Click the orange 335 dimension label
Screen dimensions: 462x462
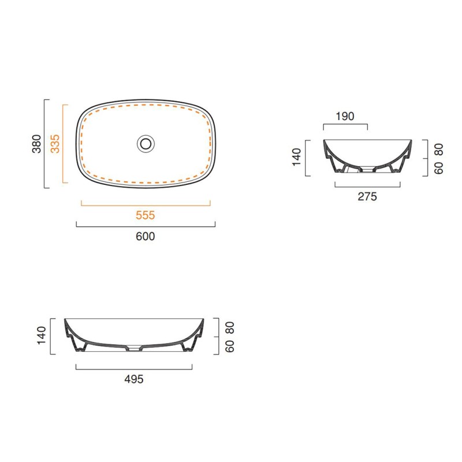(55, 144)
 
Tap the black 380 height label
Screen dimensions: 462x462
(36, 144)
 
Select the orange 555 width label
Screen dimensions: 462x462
(146, 215)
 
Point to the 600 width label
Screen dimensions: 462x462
(146, 236)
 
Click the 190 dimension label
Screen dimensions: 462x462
(345, 117)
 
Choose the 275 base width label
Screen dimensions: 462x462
(367, 196)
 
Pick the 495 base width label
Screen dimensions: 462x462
(134, 379)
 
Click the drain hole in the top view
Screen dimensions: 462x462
(146, 144)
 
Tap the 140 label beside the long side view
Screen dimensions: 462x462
(42, 336)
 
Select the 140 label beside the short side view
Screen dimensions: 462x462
(297, 157)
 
